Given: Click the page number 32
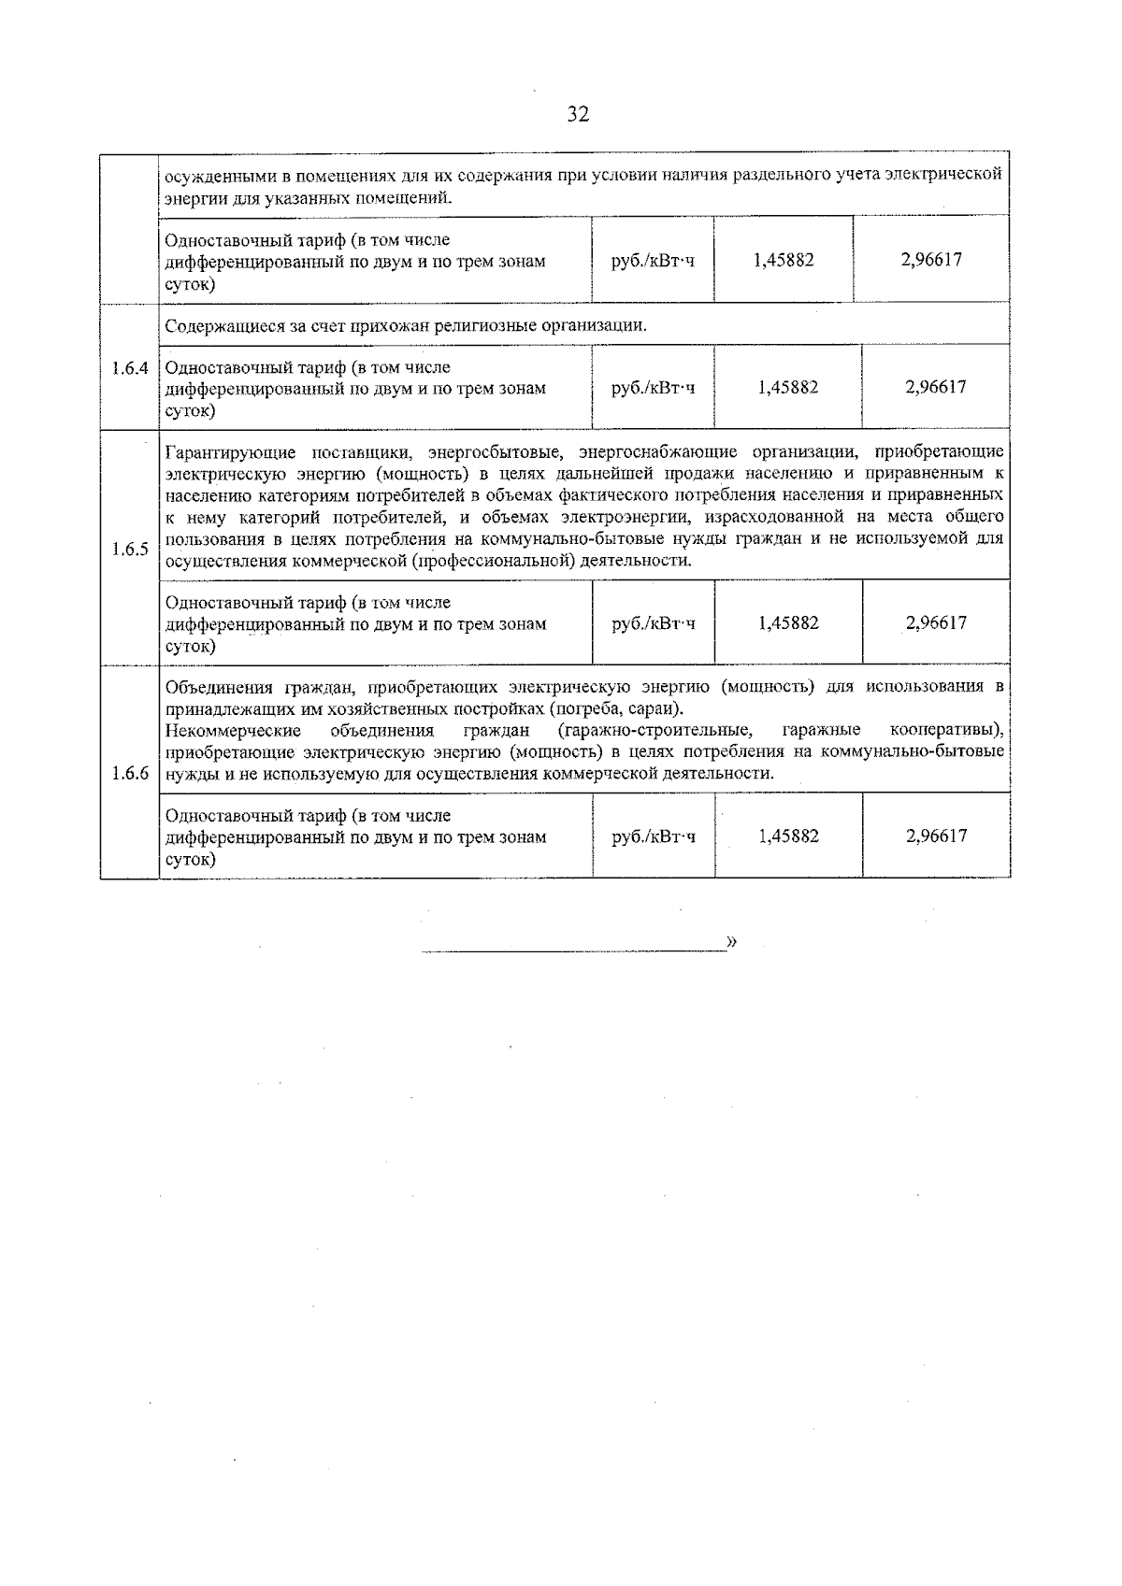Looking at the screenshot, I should click(578, 115).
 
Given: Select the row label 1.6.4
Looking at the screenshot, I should click(130, 368).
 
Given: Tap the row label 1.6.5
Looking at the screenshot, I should click(130, 549).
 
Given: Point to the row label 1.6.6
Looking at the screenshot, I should click(130, 773).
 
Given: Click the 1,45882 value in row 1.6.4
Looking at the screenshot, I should click(787, 387).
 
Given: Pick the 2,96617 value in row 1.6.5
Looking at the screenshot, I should click(936, 622).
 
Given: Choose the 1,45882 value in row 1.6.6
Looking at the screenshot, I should click(788, 836).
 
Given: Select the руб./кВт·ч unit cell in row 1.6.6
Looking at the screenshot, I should click(654, 836).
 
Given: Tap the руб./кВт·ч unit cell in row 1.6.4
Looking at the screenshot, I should click(653, 387).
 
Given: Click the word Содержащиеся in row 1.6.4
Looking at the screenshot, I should click(214, 326).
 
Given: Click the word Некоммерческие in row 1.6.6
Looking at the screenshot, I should click(233, 730).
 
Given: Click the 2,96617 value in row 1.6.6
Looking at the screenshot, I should click(936, 836).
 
